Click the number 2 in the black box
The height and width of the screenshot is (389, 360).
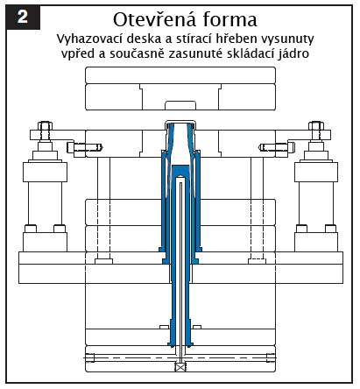(x=23, y=17)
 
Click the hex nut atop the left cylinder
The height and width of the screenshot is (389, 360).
(x=45, y=126)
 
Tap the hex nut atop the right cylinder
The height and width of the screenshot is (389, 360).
(x=316, y=126)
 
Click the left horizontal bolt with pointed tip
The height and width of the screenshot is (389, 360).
(x=85, y=147)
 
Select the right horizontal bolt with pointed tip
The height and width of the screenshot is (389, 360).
(x=277, y=147)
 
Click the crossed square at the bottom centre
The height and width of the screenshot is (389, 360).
(x=180, y=367)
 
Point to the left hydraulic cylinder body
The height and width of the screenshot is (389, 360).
(x=45, y=203)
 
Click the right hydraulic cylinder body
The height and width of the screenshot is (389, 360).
(x=316, y=203)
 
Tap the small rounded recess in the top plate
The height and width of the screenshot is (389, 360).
(x=180, y=105)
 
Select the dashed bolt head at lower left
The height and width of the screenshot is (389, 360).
(x=103, y=261)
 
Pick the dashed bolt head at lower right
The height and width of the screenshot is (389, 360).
(x=258, y=261)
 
